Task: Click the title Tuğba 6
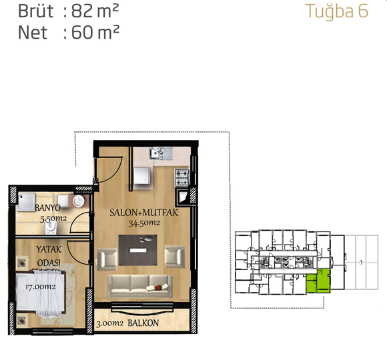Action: [337, 12]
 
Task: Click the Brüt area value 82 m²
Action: [95, 11]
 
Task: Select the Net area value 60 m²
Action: [95, 32]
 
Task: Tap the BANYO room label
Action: [47, 208]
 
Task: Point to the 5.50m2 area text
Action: [53, 219]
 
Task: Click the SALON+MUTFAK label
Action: [144, 213]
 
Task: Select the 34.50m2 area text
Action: [144, 223]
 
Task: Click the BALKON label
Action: [143, 323]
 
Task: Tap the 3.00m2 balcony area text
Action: [109, 323]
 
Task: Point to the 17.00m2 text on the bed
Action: [40, 287]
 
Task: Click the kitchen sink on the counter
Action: [161, 153]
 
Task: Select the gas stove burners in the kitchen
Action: [182, 177]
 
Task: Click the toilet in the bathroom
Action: [51, 227]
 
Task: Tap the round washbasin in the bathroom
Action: [79, 201]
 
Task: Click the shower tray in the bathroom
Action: [27, 202]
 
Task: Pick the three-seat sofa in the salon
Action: [140, 287]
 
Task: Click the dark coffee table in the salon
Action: [137, 250]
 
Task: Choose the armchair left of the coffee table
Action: [107, 259]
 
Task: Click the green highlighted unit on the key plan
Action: [318, 281]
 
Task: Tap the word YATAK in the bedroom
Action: [49, 249]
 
